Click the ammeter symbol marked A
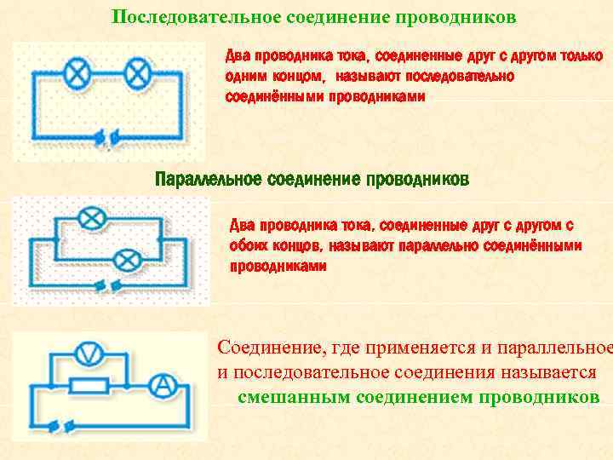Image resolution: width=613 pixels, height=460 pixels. (167, 387)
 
